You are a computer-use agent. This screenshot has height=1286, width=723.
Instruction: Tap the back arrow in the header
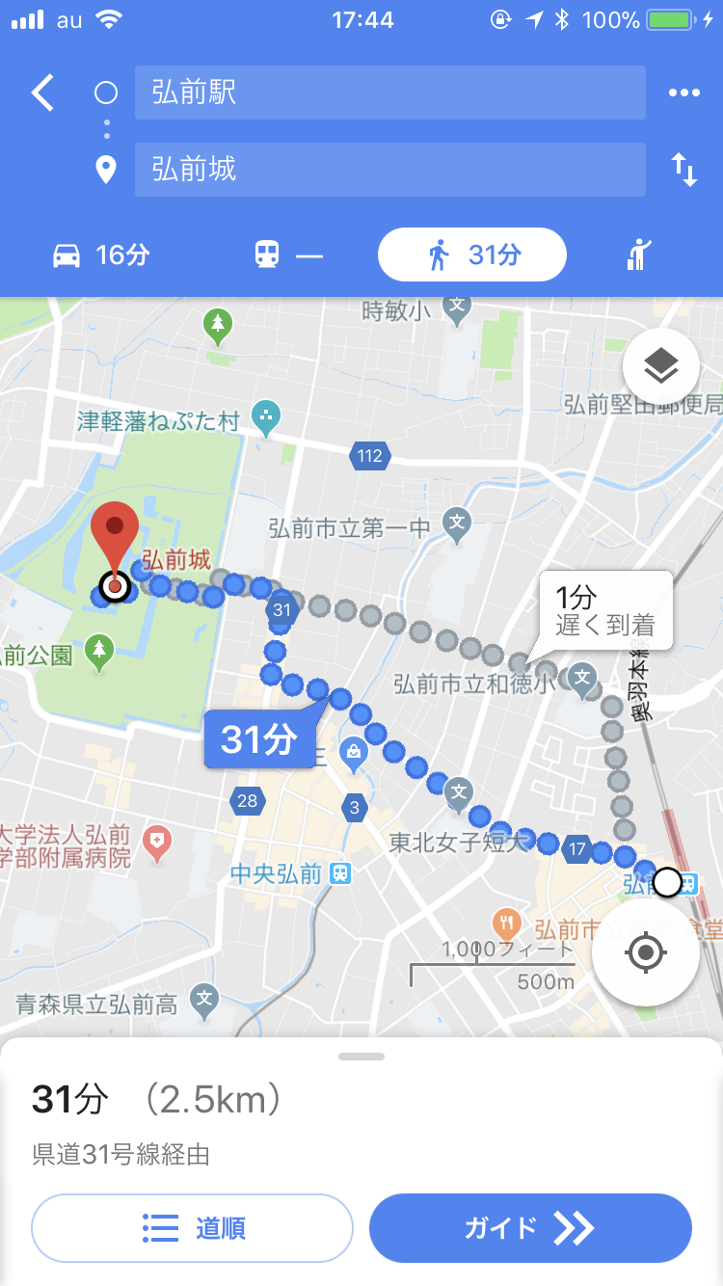click(42, 93)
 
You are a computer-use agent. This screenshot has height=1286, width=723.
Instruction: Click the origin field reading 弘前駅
click(389, 93)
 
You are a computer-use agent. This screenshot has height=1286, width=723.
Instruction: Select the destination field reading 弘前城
click(389, 170)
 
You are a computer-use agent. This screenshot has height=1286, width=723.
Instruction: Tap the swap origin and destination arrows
click(683, 170)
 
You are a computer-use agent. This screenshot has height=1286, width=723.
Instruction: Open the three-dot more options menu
click(683, 93)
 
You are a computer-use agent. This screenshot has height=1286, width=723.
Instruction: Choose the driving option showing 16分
click(100, 255)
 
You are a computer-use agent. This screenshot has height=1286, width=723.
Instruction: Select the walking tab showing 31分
click(472, 255)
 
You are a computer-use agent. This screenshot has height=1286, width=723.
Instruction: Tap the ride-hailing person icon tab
click(639, 255)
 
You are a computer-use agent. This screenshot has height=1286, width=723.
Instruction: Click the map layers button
click(660, 366)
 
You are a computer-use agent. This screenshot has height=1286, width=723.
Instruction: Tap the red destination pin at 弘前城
click(115, 540)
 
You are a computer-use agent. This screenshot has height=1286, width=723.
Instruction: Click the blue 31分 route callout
click(258, 739)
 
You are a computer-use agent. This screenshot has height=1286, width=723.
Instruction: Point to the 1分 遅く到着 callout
click(604, 610)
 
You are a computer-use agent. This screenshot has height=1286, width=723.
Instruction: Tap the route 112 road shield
click(369, 456)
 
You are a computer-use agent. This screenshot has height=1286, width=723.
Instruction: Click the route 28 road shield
click(248, 800)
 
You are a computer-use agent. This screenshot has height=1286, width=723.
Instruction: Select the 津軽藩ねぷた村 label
click(159, 421)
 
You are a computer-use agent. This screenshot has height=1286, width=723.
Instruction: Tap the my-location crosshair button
click(645, 953)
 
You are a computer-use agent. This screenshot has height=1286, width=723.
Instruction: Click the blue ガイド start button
click(530, 1227)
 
